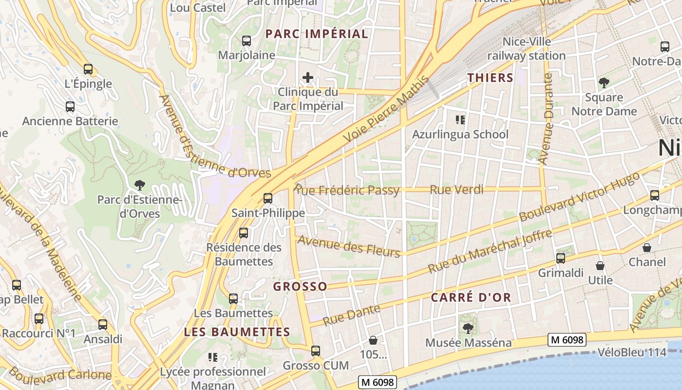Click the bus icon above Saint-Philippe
click(x=267, y=198)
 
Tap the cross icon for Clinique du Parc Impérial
click(x=308, y=78)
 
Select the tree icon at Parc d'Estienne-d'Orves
click(x=140, y=185)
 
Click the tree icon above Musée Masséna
click(x=468, y=328)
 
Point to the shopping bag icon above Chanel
click(x=647, y=248)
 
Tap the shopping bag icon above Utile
click(x=600, y=266)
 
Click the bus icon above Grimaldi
click(x=561, y=258)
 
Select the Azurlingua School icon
click(x=460, y=119)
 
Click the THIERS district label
click(x=491, y=78)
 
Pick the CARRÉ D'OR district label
click(x=471, y=297)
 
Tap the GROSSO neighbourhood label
click(x=300, y=286)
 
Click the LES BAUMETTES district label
click(x=237, y=332)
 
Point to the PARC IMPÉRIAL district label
click(x=317, y=34)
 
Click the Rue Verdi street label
click(x=456, y=190)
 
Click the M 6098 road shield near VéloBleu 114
click(x=567, y=340)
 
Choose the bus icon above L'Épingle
click(x=88, y=69)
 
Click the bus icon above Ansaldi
click(x=103, y=324)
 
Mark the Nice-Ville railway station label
click(x=527, y=49)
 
